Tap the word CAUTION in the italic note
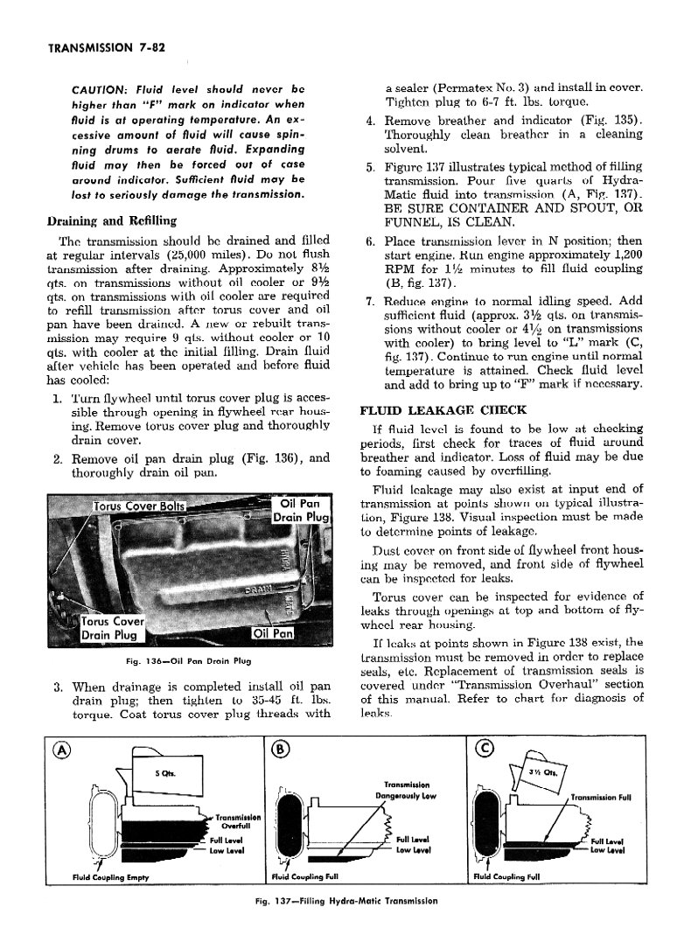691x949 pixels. tap(102, 89)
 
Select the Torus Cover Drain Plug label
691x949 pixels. tap(113, 628)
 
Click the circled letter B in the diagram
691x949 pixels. tap(279, 749)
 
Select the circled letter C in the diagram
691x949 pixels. tap(483, 749)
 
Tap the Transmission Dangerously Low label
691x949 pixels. tap(403, 790)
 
